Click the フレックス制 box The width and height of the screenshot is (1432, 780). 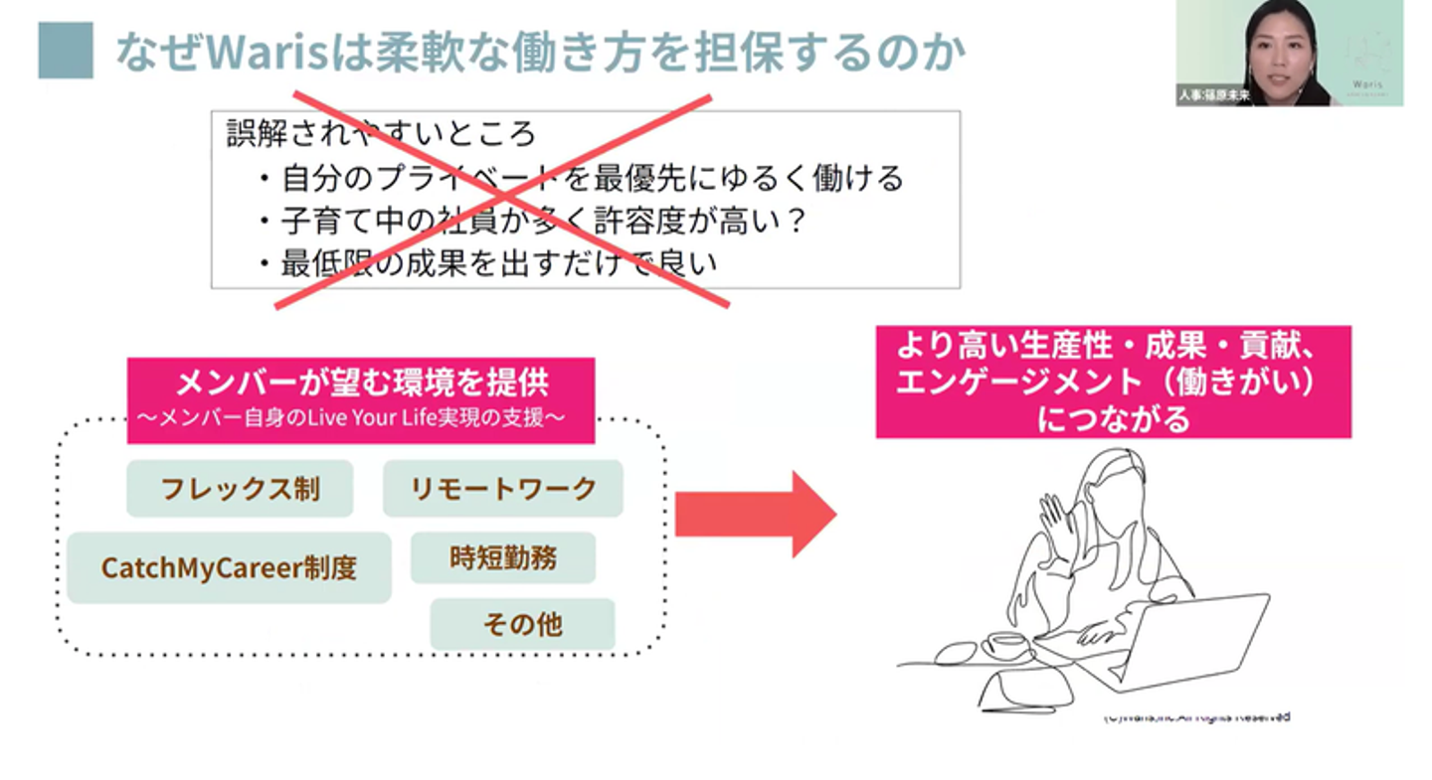point(240,489)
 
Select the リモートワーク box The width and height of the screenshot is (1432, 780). point(503,489)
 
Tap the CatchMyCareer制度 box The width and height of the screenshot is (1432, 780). point(229,568)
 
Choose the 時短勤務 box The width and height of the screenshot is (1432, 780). point(503,558)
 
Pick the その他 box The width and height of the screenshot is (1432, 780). point(522,625)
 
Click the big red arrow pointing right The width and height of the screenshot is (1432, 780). point(755,515)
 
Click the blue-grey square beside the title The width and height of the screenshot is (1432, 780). point(66,51)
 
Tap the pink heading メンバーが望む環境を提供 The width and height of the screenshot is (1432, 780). point(361,384)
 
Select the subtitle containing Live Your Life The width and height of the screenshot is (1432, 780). point(361,418)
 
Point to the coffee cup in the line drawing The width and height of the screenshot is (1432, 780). point(1007,643)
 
